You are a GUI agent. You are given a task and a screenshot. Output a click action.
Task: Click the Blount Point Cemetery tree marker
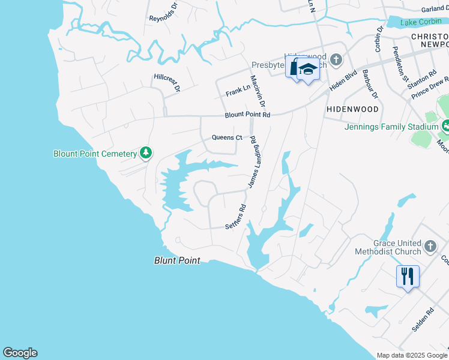coord(145,154)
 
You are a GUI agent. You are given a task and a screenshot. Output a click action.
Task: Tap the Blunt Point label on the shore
coord(176,260)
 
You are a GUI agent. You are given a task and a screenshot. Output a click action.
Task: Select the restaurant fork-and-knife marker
coord(407,277)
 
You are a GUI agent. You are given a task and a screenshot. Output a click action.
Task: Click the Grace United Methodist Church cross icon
coord(430,246)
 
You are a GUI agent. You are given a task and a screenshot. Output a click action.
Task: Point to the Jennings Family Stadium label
coord(391,127)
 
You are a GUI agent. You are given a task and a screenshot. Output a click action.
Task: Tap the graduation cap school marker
coord(308,70)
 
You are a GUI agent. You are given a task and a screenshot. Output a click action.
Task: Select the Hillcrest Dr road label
coord(167,82)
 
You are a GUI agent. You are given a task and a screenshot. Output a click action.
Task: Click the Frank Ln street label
coord(238,91)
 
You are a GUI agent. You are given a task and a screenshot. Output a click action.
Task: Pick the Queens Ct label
coord(227,137)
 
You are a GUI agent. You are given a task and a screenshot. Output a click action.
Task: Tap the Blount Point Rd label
coord(248,115)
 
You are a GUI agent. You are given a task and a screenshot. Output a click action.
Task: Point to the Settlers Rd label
coord(236,217)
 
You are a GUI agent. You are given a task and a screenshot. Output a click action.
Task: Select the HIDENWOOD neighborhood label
coord(352,110)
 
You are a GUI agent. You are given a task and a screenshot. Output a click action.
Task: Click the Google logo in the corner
coord(20,353)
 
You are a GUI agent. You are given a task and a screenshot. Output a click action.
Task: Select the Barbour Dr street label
coord(370,84)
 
